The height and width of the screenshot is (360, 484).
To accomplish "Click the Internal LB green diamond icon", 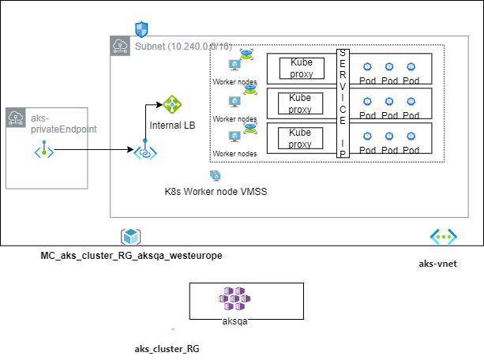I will pyautogui.click(x=172, y=104).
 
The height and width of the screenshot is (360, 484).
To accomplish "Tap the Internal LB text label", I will pyautogui.click(x=171, y=125).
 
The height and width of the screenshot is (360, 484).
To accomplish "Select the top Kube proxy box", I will pyautogui.click(x=301, y=68).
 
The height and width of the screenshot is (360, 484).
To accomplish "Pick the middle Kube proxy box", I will pyautogui.click(x=301, y=103).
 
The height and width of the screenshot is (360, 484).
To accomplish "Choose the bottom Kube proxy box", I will pyautogui.click(x=301, y=138).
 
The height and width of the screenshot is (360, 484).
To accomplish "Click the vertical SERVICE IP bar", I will pyautogui.click(x=343, y=103).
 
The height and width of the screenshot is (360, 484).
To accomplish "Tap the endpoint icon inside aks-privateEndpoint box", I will pyautogui.click(x=44, y=150).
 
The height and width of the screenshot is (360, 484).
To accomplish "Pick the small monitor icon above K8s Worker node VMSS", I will pyautogui.click(x=215, y=175).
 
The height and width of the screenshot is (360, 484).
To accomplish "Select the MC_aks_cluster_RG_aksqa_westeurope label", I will pyautogui.click(x=131, y=256).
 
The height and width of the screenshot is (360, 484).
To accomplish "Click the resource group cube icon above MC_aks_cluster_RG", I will pyautogui.click(x=130, y=236).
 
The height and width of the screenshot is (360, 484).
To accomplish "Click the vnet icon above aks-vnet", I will pyautogui.click(x=442, y=236).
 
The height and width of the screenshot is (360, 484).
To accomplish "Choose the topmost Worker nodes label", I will pyautogui.click(x=234, y=81).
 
